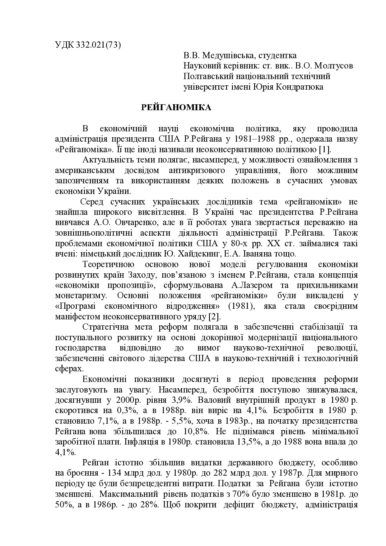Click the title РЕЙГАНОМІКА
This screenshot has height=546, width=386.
coord(176,108)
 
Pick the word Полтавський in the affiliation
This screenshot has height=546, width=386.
coord(207,76)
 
